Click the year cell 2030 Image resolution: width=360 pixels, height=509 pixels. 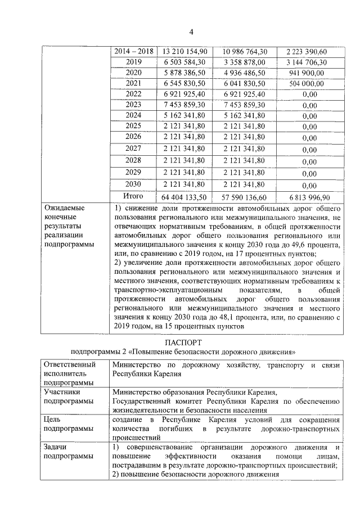tap(134, 184)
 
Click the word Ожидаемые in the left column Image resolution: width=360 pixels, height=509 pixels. tap(64, 208)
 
